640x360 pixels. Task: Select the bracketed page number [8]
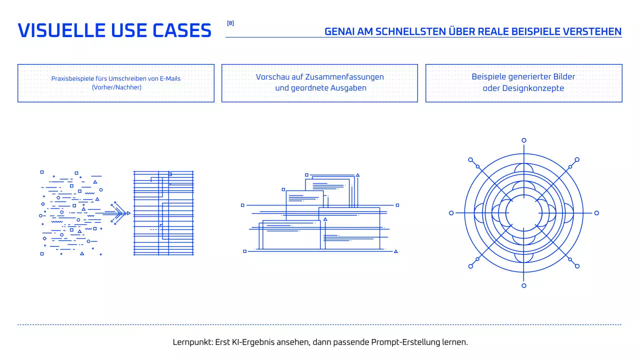(x=230, y=23)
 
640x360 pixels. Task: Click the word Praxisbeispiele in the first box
(x=72, y=78)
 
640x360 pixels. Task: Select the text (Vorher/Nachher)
(x=116, y=87)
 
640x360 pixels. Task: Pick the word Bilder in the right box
(x=563, y=77)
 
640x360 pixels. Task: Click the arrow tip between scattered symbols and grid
(x=128, y=213)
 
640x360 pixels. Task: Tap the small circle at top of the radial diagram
(x=524, y=140)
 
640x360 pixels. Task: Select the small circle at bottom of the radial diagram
(x=524, y=285)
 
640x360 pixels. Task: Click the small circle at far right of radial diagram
(x=596, y=213)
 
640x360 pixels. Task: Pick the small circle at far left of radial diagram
(x=451, y=213)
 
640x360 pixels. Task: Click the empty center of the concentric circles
(x=524, y=213)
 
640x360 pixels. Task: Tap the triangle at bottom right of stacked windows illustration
(x=396, y=251)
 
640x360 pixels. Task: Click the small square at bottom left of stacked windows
(x=244, y=251)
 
